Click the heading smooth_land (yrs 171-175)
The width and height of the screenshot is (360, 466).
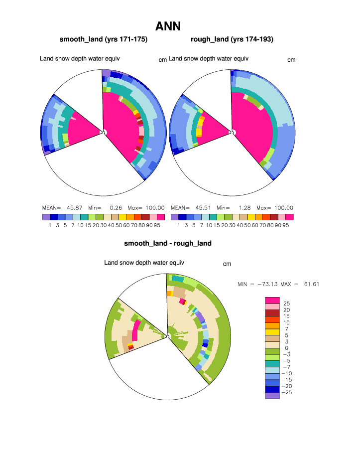[x=104, y=39]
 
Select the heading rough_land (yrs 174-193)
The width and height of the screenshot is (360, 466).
[x=232, y=39]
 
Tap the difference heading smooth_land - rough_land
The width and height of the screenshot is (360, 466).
[x=168, y=243]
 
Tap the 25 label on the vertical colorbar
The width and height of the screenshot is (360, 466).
[x=286, y=304]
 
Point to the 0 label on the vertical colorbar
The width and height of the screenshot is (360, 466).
[x=286, y=348]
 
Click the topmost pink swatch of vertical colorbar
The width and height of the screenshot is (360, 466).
[x=272, y=300]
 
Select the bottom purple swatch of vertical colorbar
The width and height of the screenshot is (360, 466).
[x=272, y=396]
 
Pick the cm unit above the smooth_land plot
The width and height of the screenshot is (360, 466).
[x=162, y=60]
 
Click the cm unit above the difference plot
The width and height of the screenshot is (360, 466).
[x=227, y=264]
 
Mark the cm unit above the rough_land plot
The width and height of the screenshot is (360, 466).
[x=291, y=60]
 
